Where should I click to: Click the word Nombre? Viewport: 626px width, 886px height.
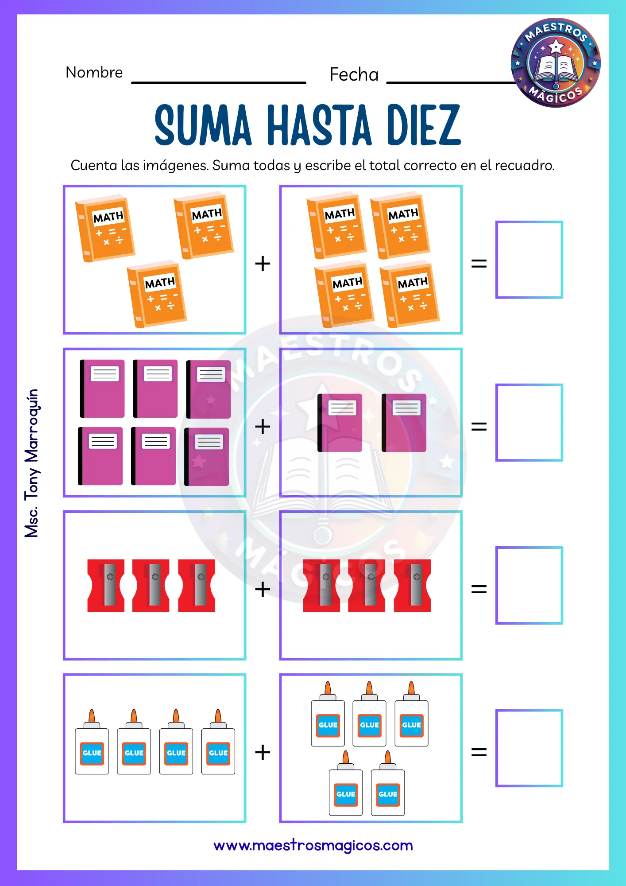point(94,72)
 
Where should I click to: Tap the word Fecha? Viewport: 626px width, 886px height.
point(354,74)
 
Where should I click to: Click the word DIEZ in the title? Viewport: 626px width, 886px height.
point(424,125)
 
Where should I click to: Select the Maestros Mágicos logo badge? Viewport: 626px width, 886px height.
point(556,62)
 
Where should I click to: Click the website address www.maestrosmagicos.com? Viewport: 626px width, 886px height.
point(313,845)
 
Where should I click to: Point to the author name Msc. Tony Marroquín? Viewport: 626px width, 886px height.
point(32,463)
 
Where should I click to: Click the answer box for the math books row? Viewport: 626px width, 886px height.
point(529,260)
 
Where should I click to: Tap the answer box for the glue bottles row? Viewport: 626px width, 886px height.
point(529,748)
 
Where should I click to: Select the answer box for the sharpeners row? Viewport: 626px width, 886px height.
point(529,585)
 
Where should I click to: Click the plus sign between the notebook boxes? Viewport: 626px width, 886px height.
point(263,427)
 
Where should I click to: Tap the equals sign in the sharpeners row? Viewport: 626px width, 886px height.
point(479,589)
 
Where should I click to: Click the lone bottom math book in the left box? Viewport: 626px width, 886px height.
point(157,294)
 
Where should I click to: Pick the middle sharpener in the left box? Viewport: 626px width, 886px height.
point(151,585)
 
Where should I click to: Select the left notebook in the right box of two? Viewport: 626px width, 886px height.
point(340,423)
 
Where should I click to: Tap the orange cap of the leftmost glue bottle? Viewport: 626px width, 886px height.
point(92,716)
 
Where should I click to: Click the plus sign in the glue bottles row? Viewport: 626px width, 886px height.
point(263,752)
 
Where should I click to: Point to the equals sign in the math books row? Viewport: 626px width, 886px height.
point(479,264)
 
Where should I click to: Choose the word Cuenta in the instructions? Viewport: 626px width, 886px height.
point(94,165)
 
